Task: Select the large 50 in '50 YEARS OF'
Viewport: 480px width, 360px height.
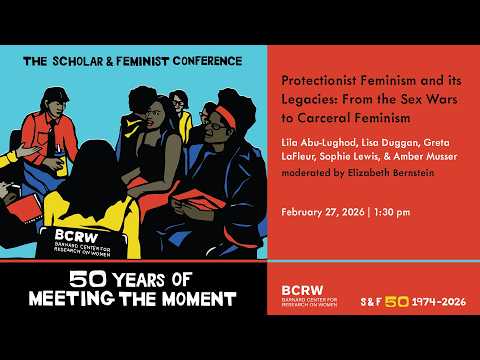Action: pyautogui.click(x=63, y=280)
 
